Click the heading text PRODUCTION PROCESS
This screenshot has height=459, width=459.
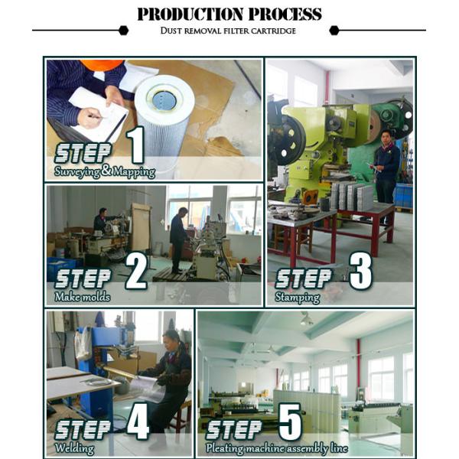(x=229, y=14)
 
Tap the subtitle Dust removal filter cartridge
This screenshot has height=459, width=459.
(x=228, y=31)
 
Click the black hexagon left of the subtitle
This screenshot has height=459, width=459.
(x=123, y=30)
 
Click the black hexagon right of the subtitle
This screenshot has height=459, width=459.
(x=334, y=30)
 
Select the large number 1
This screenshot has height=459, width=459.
(x=136, y=145)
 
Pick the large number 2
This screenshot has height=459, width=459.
(x=136, y=272)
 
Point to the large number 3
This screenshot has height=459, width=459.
(x=360, y=271)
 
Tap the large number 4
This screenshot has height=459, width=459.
(x=138, y=421)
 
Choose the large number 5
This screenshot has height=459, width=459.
(x=290, y=422)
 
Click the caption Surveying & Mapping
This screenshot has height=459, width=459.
(x=105, y=171)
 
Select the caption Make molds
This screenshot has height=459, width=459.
(x=83, y=297)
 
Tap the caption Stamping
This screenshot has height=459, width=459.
(x=297, y=298)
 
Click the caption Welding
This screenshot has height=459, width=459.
(x=74, y=448)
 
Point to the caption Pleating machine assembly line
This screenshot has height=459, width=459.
(x=277, y=448)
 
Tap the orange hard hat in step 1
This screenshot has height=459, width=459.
(x=102, y=65)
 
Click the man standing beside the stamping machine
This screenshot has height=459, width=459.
(x=386, y=166)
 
